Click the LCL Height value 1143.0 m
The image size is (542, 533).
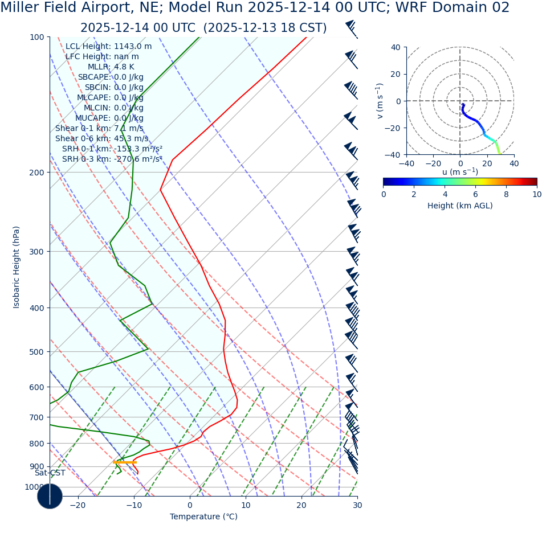pos(133,46)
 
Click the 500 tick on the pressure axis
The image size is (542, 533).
pos(36,352)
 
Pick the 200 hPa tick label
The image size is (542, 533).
pos(36,173)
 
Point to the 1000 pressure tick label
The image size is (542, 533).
pos(34,487)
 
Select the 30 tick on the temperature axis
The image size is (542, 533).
pos(357,505)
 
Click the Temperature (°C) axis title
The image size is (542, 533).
pos(203,516)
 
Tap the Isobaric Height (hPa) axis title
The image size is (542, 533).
pos(17,267)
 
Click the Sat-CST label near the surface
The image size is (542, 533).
pos(50,473)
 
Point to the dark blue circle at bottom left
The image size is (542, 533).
pos(50,496)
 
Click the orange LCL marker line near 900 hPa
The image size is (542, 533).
pos(124,462)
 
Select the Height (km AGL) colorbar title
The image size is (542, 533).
pos(460,206)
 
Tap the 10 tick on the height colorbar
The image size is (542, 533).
pos(536,194)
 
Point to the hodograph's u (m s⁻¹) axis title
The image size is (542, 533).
pos(460,172)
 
